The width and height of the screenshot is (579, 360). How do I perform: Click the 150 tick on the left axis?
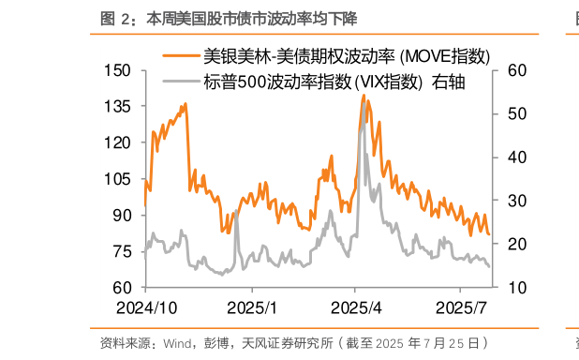(x=118, y=70)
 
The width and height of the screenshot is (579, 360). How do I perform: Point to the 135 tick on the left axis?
(x=118, y=106)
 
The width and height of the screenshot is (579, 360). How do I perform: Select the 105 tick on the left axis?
(x=118, y=179)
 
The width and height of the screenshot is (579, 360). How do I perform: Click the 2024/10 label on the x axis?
(x=148, y=307)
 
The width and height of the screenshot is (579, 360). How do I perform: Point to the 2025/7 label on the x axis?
(x=465, y=307)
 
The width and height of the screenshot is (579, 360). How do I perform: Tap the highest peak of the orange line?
(x=364, y=96)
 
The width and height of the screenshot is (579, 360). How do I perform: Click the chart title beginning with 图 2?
(x=229, y=18)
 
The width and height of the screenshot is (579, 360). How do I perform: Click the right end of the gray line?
(x=489, y=266)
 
